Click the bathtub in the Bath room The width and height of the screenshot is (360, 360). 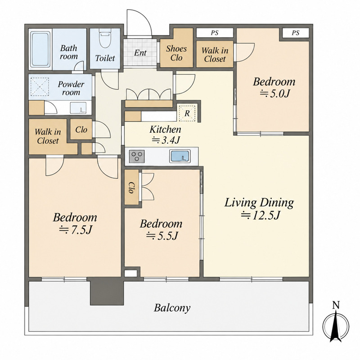(x=40, y=49)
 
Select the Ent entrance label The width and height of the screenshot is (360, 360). (x=140, y=53)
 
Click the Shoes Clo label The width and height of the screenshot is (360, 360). (x=176, y=53)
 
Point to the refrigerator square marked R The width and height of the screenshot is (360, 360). (x=187, y=113)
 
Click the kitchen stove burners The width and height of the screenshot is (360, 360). (x=137, y=156)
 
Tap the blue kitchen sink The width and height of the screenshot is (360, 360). (x=180, y=156)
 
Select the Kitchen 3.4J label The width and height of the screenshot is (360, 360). (x=165, y=135)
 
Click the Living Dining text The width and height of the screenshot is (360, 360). (x=259, y=203)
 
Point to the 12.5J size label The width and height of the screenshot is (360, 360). (x=261, y=216)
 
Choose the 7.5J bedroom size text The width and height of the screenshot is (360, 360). (x=76, y=230)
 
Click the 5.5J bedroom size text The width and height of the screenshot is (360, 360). (x=162, y=235)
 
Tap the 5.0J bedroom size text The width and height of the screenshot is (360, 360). (x=274, y=93)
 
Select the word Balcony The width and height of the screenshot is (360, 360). (x=172, y=308)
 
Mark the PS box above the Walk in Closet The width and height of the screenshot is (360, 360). (x=215, y=33)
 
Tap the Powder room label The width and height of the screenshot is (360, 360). (x=71, y=88)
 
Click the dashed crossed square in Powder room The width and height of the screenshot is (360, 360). (x=40, y=87)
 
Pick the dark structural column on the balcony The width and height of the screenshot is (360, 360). (x=107, y=291)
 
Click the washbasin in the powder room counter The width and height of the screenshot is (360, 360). (x=78, y=108)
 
